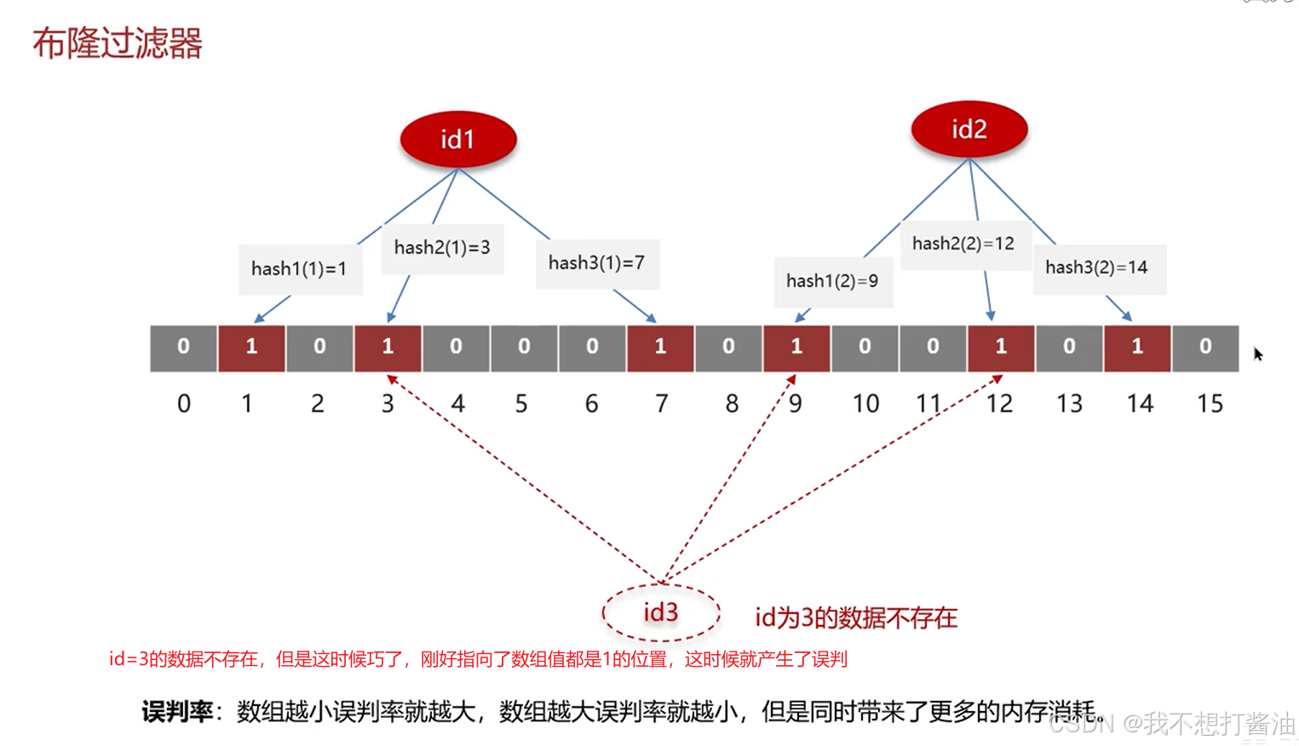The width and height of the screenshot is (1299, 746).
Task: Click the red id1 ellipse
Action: [457, 139]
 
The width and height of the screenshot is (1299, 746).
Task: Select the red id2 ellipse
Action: [969, 129]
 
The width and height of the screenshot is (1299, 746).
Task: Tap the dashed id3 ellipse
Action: [660, 612]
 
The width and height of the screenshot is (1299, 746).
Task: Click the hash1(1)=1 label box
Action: [300, 269]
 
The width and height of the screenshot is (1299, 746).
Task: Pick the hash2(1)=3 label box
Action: [442, 248]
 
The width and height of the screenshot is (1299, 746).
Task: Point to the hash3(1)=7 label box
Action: [596, 263]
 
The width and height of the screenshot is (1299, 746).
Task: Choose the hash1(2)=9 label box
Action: [832, 281]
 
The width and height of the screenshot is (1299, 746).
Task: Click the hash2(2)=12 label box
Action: [963, 244]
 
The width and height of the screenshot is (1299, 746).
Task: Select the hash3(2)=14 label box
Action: [1097, 267]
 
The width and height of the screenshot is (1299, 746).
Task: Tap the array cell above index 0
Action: [183, 347]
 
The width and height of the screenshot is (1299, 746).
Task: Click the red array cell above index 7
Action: [660, 347]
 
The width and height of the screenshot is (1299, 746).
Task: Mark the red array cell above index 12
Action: [1001, 347]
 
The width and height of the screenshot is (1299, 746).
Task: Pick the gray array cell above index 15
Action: [1205, 347]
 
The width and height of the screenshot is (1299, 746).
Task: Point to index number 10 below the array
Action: [865, 404]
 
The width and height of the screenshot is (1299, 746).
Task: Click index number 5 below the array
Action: [521, 404]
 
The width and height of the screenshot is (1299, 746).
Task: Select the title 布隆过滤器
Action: [118, 43]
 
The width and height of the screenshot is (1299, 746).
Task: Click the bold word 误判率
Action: [177, 711]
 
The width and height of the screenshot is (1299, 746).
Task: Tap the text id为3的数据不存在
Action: [856, 617]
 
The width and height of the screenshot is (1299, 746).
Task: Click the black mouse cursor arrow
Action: [1257, 354]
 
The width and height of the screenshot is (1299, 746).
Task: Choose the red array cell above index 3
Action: [388, 347]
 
